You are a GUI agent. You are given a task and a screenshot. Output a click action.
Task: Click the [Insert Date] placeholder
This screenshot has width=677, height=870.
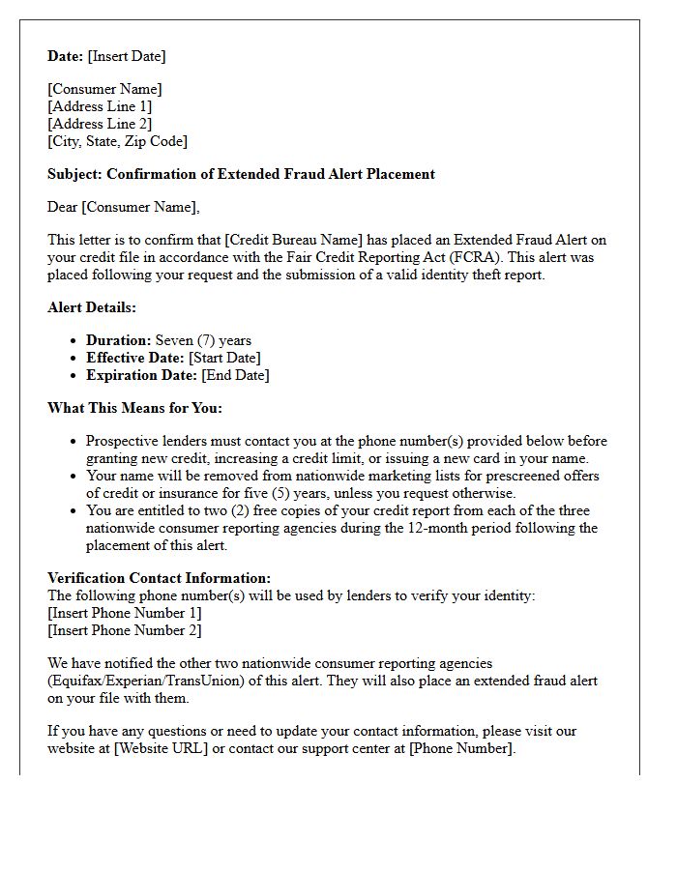[x=127, y=56]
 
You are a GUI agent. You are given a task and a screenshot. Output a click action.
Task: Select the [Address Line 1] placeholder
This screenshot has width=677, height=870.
[x=100, y=106]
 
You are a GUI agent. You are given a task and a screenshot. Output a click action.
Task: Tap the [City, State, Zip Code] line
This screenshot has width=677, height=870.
[x=117, y=141]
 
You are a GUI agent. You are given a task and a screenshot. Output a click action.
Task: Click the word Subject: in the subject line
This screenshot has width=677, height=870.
[x=74, y=174]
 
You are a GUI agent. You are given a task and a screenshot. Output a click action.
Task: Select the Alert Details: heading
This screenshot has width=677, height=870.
[x=92, y=307]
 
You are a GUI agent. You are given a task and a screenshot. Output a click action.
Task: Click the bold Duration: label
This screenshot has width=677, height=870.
[x=118, y=340]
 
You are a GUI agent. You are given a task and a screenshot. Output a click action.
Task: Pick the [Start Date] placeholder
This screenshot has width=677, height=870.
[x=224, y=358]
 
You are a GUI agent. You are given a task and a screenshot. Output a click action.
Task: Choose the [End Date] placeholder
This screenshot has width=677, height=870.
[x=235, y=375]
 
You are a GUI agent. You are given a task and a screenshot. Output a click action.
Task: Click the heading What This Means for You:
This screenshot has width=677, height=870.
[x=134, y=408]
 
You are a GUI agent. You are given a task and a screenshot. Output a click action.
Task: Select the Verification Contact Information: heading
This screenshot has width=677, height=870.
[x=159, y=578]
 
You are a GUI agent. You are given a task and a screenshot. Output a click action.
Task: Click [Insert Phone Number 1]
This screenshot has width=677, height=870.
[x=125, y=613]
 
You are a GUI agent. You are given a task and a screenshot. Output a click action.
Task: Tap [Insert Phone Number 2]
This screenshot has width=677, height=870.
[x=125, y=630]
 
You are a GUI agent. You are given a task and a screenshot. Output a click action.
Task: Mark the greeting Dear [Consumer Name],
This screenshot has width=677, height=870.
[x=123, y=207]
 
